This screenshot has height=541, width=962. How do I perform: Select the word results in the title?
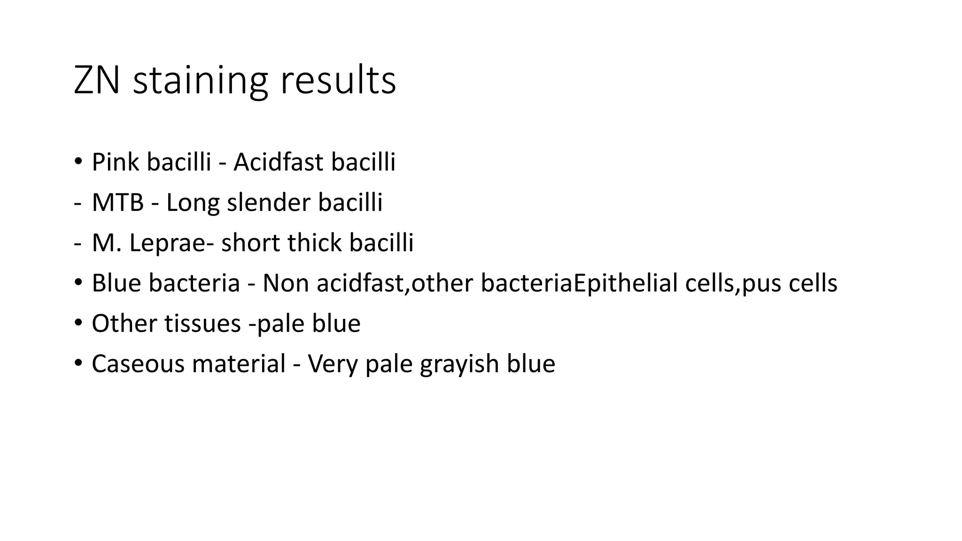tap(338, 81)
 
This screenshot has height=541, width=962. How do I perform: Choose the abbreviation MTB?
tap(117, 203)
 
